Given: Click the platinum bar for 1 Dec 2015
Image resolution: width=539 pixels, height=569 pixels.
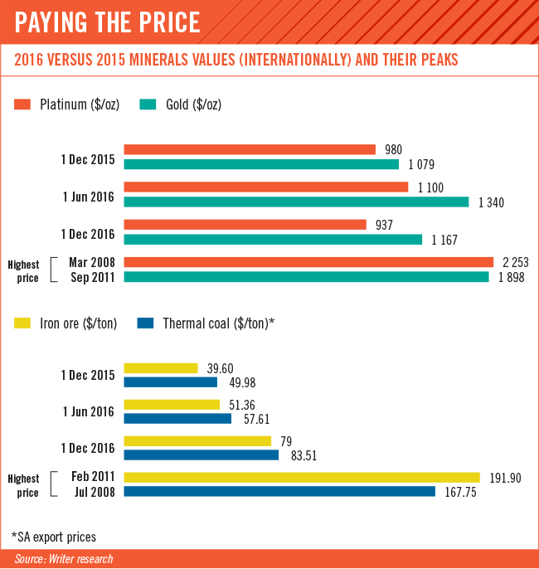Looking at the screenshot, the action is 250,149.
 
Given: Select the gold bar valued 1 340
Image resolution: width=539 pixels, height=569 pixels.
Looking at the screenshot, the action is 296,202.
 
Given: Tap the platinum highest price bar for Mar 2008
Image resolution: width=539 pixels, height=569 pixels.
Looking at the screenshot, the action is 308,262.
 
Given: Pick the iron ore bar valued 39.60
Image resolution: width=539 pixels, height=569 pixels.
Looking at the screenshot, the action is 161,368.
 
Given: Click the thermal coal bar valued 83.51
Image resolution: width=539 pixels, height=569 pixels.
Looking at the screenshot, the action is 202,455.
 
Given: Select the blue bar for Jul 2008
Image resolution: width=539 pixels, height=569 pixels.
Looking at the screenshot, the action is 279,491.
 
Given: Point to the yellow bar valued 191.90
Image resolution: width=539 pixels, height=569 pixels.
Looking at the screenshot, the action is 302,477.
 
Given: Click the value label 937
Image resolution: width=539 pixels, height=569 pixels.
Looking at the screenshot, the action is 384,225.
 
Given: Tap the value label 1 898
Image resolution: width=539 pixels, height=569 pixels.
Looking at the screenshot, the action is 512,278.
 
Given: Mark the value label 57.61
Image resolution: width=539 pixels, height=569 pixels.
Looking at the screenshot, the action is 256,420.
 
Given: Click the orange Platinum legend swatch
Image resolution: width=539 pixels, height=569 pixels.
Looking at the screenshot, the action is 22,105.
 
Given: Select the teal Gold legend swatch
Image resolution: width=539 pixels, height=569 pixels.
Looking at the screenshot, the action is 148,105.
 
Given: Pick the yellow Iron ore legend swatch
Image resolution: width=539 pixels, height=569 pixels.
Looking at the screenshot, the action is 22,323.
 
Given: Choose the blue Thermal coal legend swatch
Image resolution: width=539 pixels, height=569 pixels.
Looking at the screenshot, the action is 145,323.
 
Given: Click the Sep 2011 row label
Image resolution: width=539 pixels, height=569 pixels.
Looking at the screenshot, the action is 93,278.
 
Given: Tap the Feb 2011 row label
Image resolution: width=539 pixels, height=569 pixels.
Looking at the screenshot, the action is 93,476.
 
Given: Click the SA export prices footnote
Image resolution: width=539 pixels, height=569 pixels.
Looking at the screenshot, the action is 54,537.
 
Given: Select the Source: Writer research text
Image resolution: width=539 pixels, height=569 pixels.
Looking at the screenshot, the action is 64,559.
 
